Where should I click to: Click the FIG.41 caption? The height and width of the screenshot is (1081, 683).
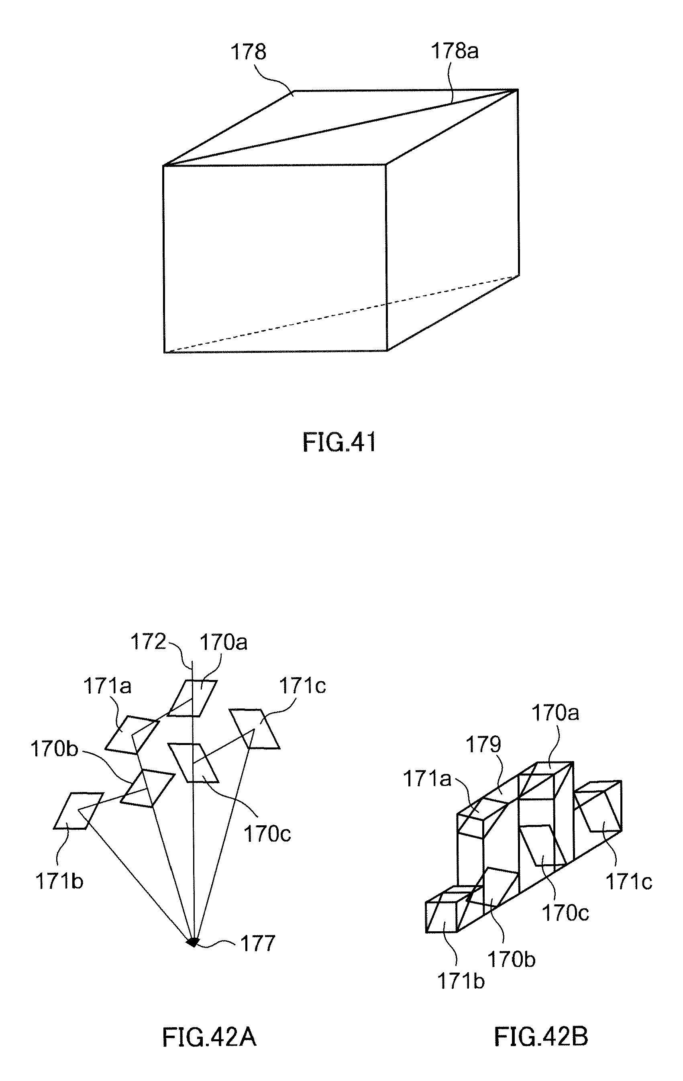click(339, 442)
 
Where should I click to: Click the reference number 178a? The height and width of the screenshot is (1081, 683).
click(455, 51)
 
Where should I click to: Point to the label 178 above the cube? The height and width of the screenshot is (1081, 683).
click(248, 52)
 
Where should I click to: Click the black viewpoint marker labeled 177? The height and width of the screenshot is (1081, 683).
click(193, 942)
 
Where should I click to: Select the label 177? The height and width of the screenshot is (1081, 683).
click(257, 943)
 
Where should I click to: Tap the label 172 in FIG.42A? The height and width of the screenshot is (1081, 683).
click(148, 642)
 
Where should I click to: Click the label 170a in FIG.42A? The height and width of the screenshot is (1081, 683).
click(223, 643)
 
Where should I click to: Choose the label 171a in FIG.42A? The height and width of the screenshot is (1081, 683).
click(107, 686)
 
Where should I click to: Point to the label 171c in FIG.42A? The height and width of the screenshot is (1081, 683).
click(303, 686)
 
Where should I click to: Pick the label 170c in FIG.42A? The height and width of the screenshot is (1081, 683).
click(267, 834)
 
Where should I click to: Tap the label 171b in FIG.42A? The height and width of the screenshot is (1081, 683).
click(59, 881)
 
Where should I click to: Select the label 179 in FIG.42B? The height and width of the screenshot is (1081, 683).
click(483, 745)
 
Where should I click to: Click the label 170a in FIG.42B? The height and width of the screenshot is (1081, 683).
click(555, 713)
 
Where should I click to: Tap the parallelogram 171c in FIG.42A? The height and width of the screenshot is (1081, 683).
click(255, 729)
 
